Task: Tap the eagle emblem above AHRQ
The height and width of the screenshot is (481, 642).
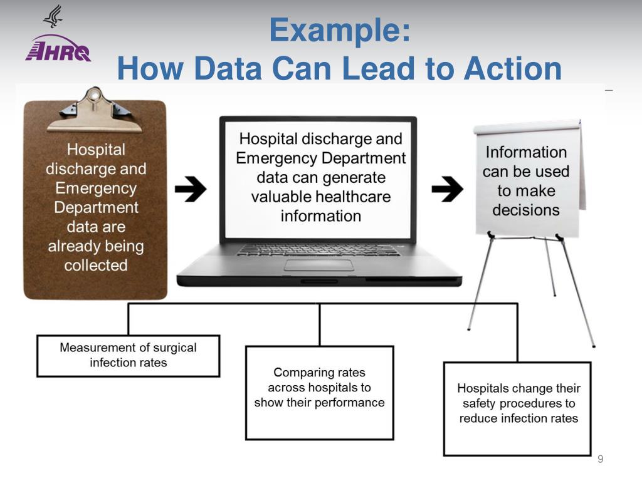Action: point(53,16)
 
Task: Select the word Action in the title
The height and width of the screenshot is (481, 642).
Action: point(512,69)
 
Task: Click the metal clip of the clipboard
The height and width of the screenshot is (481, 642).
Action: point(95,110)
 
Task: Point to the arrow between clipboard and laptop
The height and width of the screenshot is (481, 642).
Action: point(191,189)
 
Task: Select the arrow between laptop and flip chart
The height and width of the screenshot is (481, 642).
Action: point(448,189)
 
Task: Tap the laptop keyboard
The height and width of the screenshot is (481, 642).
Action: point(318,249)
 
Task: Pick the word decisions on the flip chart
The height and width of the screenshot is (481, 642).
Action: point(525,210)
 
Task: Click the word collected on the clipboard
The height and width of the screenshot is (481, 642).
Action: point(95,265)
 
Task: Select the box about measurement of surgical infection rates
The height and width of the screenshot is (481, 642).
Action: point(128,356)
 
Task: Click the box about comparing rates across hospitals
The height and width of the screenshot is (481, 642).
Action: point(319,393)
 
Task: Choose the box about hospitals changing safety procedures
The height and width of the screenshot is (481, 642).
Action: point(517,408)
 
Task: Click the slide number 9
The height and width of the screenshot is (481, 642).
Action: point(600,460)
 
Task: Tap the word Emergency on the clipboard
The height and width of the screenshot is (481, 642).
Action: point(95,188)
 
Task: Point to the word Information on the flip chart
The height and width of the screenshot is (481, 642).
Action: point(525,152)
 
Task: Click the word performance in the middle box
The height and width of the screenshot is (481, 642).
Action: point(349,403)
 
